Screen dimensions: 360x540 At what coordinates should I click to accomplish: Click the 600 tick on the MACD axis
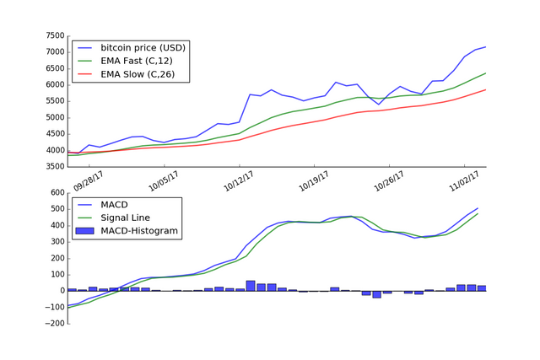pyautogui.click(x=55, y=193)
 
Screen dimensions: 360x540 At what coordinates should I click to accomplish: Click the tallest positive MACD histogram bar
pyautogui.click(x=251, y=286)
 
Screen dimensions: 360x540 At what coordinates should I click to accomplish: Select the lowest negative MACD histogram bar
pyautogui.click(x=377, y=294)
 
